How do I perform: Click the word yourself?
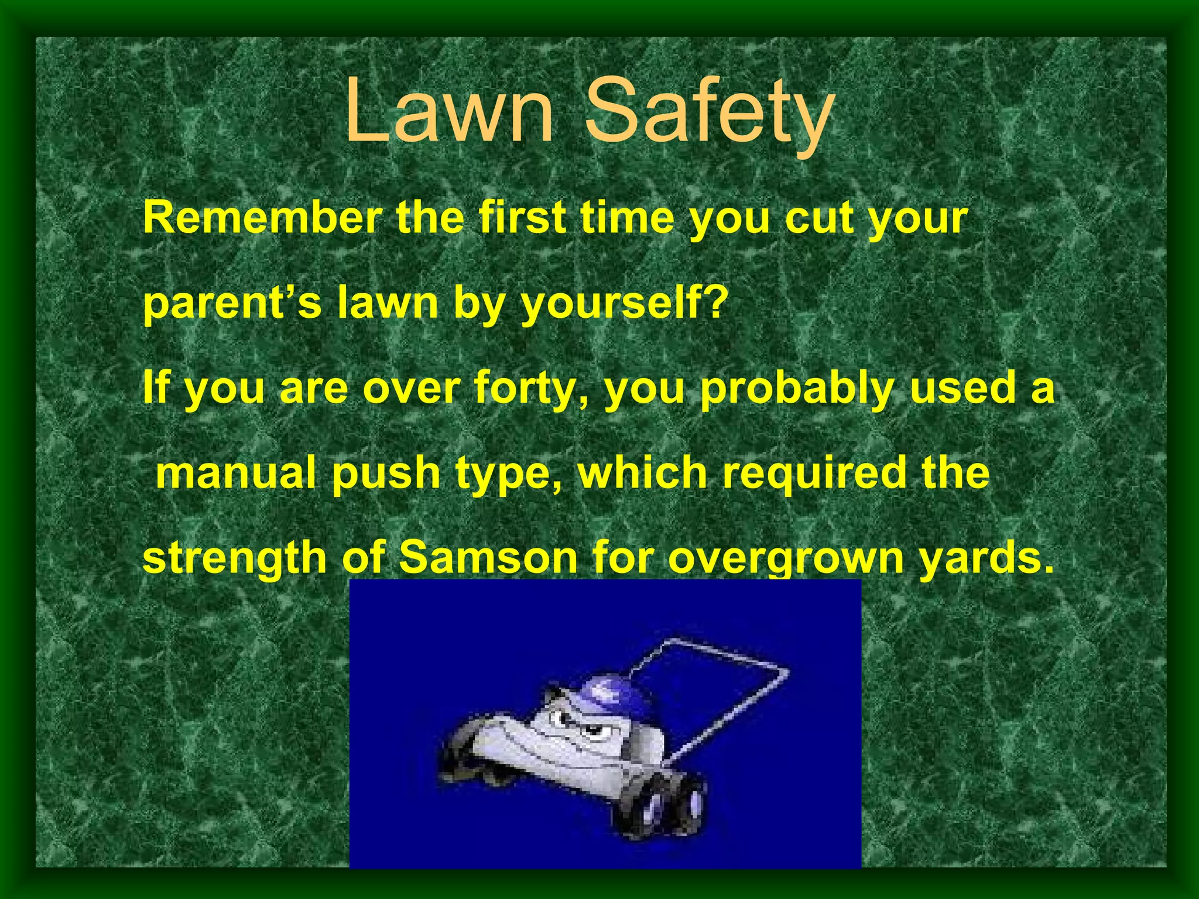[x=624, y=304]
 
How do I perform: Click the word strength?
[x=234, y=558]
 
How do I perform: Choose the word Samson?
[x=488, y=558]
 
